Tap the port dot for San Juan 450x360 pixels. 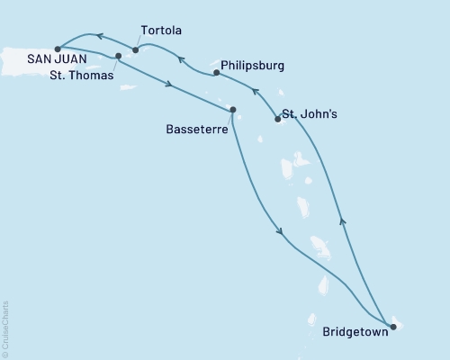[58, 49]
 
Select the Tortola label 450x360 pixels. [160, 30]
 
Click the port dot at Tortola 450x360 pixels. [136, 50]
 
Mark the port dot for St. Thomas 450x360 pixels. [119, 56]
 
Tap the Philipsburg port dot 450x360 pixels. [216, 73]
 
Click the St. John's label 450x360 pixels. [310, 114]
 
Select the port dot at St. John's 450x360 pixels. [277, 119]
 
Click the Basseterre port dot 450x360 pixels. [233, 110]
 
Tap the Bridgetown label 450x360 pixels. [355, 332]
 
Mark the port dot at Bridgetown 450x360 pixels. [393, 327]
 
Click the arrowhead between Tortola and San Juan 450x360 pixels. [98, 37]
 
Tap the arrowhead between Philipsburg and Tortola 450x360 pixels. [180, 60]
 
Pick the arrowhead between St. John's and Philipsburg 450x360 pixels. [254, 91]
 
